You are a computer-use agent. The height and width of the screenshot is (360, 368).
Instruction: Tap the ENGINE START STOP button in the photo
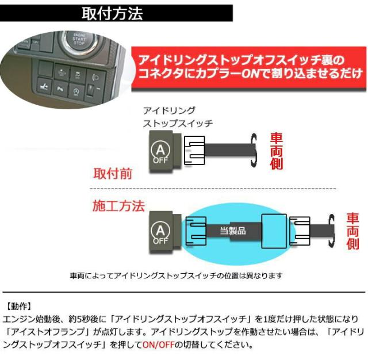(x=79, y=41)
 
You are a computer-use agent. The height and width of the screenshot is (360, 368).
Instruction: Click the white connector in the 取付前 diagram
(x=194, y=151)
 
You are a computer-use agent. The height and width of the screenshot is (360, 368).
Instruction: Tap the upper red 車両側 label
(x=277, y=151)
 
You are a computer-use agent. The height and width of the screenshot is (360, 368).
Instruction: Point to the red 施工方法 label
(x=118, y=206)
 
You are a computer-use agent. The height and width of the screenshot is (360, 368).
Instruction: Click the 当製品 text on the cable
(x=233, y=230)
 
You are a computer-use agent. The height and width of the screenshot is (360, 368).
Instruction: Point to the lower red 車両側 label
(x=352, y=231)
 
